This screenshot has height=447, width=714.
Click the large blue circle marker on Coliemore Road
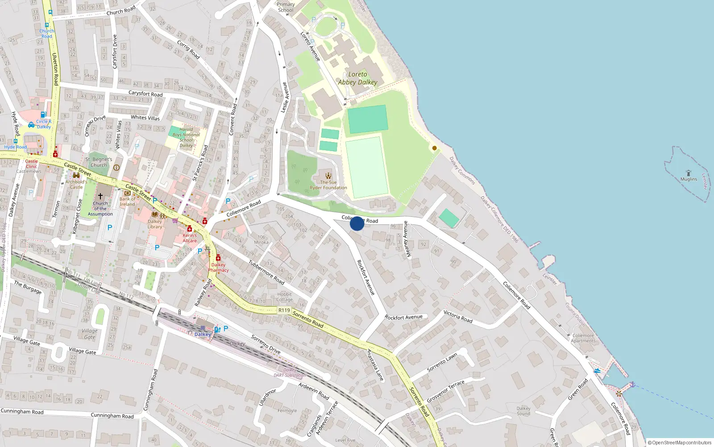(x=357, y=223)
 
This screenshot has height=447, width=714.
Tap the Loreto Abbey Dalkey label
(x=357, y=78)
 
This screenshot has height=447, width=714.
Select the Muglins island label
(x=689, y=179)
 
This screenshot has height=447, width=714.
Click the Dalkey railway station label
(x=203, y=334)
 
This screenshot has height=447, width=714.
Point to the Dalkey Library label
(x=155, y=224)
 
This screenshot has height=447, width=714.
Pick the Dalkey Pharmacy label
(x=218, y=267)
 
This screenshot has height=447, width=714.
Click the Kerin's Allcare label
(x=190, y=238)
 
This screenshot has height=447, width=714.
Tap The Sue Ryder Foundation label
(x=328, y=185)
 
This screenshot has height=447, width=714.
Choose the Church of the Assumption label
(x=100, y=208)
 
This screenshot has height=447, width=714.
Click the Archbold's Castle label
(x=76, y=184)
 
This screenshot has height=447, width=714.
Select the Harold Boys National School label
(x=186, y=137)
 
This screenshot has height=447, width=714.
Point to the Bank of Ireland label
(x=127, y=202)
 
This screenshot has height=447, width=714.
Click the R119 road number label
(x=284, y=310)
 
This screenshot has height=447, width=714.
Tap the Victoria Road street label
(x=458, y=316)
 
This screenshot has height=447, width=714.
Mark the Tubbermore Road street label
(x=266, y=272)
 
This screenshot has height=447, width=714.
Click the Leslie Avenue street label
(x=285, y=97)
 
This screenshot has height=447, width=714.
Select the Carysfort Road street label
(x=145, y=94)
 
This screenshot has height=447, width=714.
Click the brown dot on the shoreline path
(x=435, y=148)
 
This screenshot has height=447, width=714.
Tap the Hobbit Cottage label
(x=285, y=297)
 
